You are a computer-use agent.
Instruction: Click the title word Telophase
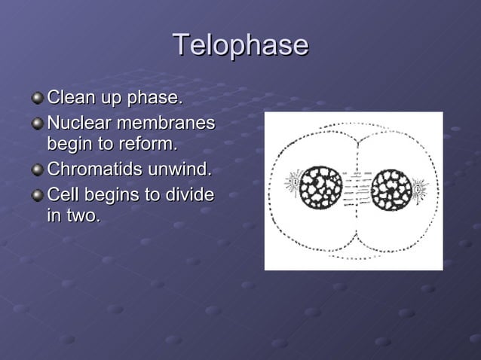(x=240, y=45)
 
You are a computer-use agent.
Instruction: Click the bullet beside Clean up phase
(x=38, y=99)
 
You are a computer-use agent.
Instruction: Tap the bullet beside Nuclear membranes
(x=38, y=122)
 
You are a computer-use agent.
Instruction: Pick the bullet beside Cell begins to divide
(x=38, y=196)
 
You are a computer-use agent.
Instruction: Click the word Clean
(x=69, y=98)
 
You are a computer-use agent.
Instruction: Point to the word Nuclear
(x=77, y=121)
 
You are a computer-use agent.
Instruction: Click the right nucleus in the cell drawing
(x=391, y=188)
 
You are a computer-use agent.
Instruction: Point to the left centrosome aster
(x=293, y=183)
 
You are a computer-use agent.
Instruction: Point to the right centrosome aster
(x=418, y=185)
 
